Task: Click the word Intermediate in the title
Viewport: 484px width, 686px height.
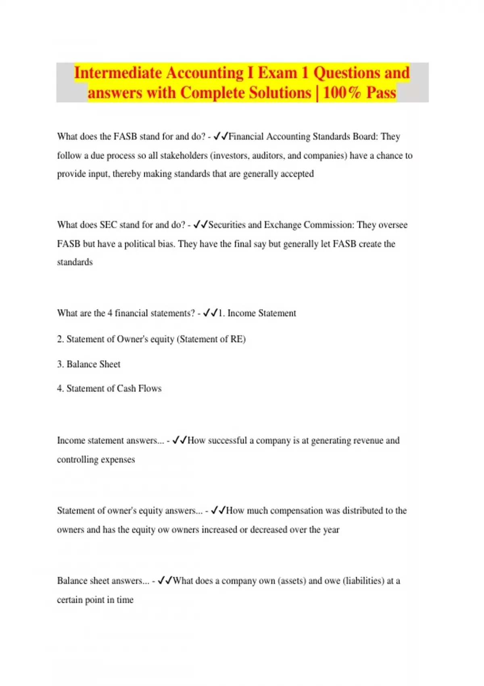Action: pyautogui.click(x=118, y=73)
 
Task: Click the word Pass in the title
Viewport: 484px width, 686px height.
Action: pyautogui.click(x=381, y=93)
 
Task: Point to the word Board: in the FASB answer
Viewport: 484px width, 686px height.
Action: pyautogui.click(x=365, y=136)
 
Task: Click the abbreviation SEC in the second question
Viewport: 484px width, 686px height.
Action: pyautogui.click(x=108, y=225)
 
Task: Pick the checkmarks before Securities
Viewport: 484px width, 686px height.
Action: pyautogui.click(x=200, y=225)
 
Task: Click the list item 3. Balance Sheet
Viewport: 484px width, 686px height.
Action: pyautogui.click(x=89, y=364)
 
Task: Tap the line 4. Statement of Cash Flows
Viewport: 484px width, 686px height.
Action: pyautogui.click(x=109, y=388)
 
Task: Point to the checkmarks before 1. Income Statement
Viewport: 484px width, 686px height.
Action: pyautogui.click(x=210, y=313)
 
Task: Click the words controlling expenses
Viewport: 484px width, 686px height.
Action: pyautogui.click(x=96, y=459)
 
